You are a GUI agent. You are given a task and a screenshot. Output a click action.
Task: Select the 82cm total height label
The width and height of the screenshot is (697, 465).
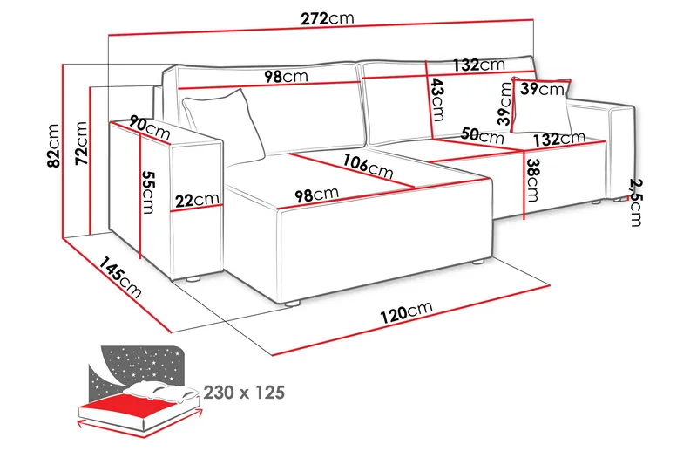pyautogui.click(x=54, y=145)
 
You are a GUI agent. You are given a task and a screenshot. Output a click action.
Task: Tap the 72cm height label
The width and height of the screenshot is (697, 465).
pyautogui.click(x=82, y=141)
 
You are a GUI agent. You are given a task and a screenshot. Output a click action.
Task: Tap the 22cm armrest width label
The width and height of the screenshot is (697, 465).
pyautogui.click(x=197, y=200)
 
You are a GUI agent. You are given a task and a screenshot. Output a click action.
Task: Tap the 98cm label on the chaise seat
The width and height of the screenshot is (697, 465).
pyautogui.click(x=315, y=194)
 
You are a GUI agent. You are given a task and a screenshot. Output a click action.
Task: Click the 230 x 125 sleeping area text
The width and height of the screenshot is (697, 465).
pyautogui.click(x=244, y=393)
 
